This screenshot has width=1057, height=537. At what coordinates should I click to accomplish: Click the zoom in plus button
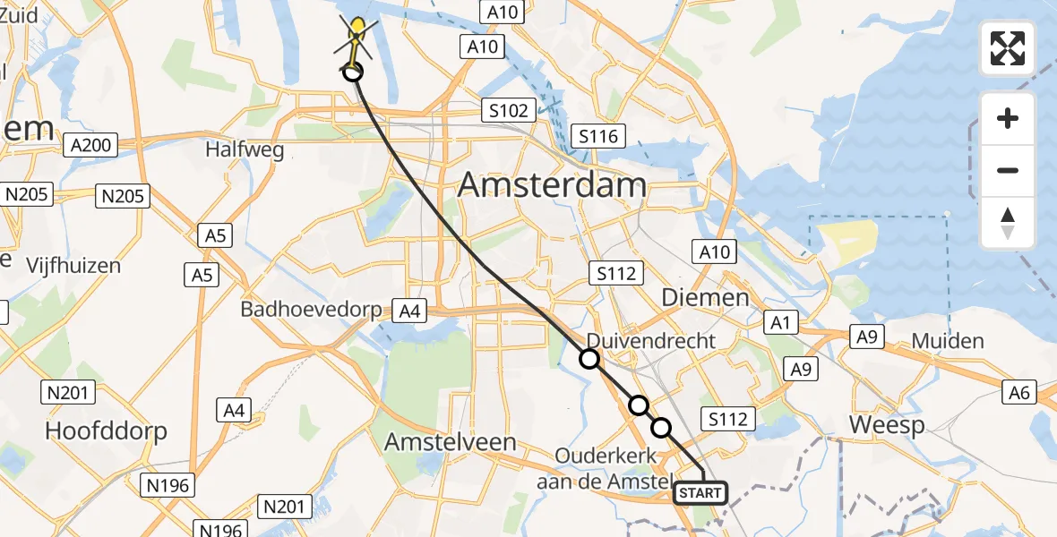(1008, 118)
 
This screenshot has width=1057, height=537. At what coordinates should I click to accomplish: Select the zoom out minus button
(1008, 170)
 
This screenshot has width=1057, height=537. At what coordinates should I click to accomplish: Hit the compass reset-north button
(1008, 223)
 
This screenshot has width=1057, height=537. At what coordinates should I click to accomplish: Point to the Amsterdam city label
(552, 185)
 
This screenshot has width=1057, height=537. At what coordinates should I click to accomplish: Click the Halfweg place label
(245, 149)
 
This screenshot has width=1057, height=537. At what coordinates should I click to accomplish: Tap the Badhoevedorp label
(311, 310)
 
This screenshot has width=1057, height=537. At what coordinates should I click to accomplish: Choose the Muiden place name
(948, 341)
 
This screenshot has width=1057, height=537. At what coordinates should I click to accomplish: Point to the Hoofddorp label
(106, 431)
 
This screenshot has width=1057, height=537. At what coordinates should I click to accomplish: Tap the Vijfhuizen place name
(73, 266)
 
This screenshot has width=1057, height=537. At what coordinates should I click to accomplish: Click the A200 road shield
(92, 146)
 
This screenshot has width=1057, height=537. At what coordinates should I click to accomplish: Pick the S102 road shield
(509, 111)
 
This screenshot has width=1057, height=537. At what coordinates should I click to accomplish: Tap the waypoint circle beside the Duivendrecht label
(589, 359)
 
